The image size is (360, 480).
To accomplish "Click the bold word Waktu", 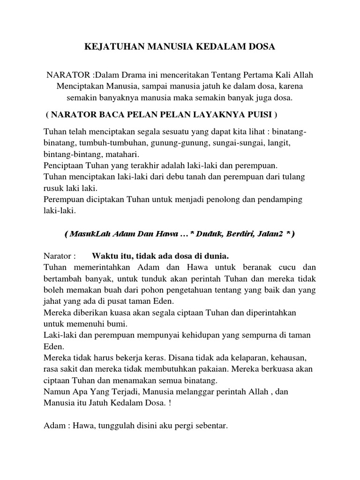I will coord(104,256).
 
